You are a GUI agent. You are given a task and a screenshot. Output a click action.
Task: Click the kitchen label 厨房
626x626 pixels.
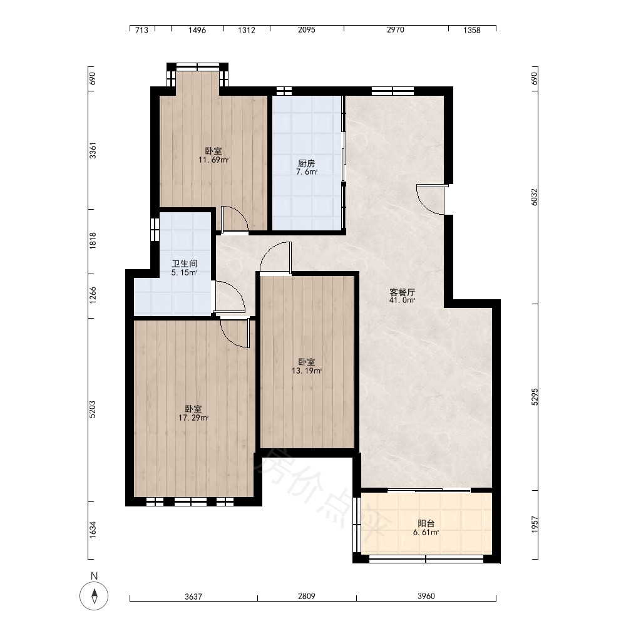[307, 163]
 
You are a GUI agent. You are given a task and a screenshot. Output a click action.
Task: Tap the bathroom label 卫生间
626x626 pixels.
[185, 264]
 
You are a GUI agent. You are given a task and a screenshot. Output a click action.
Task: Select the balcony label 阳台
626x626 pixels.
[426, 523]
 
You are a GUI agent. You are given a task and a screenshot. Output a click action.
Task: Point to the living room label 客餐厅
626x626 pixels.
[402, 292]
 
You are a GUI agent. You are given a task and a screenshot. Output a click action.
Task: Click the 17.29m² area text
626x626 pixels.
[193, 418]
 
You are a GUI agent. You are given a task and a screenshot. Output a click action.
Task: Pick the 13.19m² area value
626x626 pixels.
[307, 371]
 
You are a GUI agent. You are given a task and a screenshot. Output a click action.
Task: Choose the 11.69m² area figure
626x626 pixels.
[213, 160]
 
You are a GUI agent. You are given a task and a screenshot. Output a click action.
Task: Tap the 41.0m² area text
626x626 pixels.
[402, 300]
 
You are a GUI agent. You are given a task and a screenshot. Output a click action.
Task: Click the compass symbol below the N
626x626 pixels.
[95, 596]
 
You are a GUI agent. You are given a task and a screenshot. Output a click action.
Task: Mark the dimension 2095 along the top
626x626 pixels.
[307, 30]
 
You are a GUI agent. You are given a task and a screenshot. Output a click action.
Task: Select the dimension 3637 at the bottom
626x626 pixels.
[193, 597]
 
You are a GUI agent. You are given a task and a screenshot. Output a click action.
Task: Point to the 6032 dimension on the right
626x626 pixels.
[535, 197]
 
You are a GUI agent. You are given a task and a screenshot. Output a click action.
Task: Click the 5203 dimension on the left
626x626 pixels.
[93, 409]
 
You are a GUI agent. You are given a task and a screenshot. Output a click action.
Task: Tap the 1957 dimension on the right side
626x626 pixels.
[535, 525]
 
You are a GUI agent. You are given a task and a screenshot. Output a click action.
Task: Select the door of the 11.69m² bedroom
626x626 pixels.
[235, 218]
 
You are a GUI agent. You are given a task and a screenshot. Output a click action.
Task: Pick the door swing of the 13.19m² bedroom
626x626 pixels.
[275, 258]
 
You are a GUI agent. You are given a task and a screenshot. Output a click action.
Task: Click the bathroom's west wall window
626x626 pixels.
[155, 230]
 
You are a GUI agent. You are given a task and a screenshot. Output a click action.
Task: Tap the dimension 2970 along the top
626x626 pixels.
[395, 30]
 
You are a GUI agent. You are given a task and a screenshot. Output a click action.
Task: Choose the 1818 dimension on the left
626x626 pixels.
[93, 241]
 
